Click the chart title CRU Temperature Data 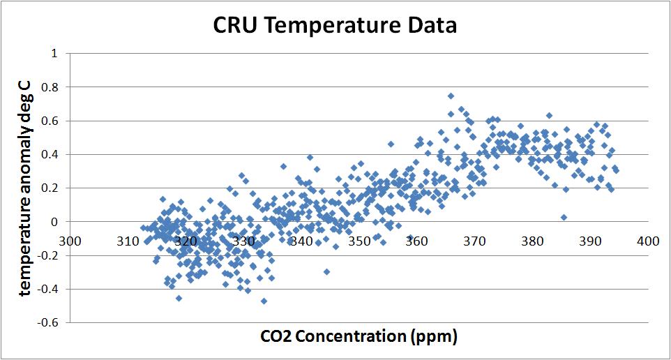point(335,26)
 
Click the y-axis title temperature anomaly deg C point(26,187)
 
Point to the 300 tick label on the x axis point(71,241)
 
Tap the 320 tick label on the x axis point(186,241)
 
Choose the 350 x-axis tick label point(359,241)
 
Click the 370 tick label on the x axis point(475,241)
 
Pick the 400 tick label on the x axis point(648,241)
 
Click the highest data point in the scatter point(451,96)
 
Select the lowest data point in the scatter point(264,301)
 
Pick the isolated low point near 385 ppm point(564,217)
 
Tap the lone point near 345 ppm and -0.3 point(326,271)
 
